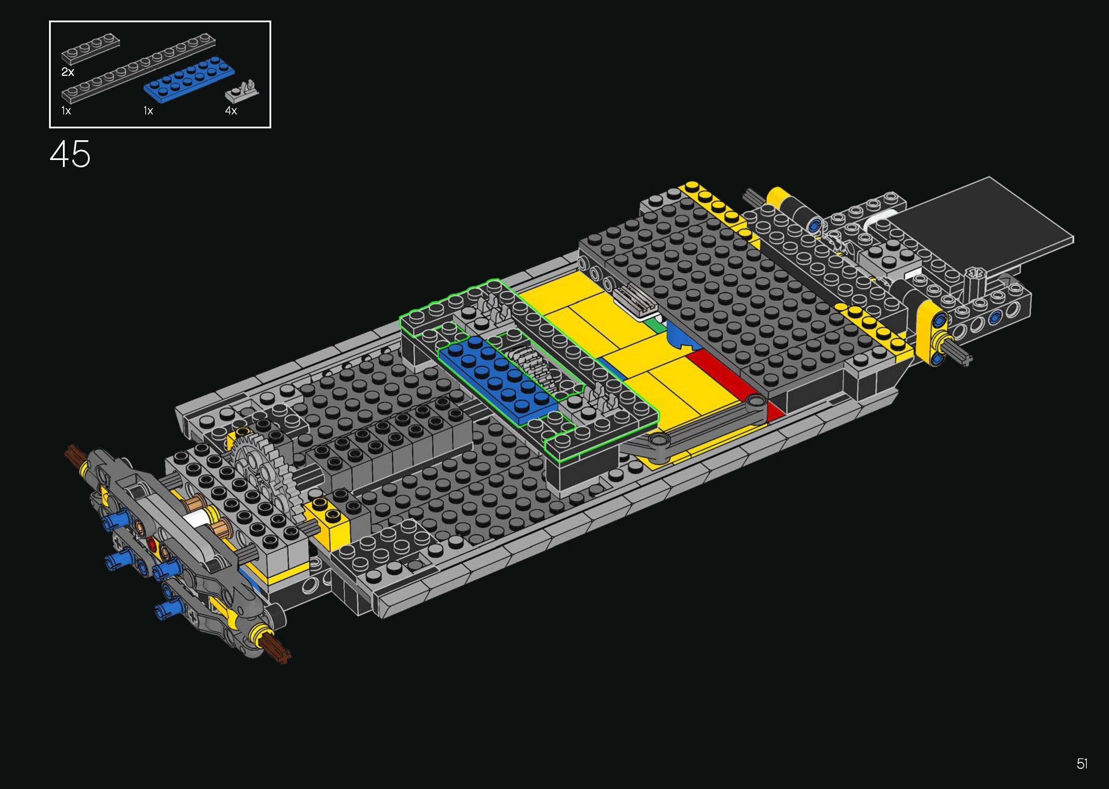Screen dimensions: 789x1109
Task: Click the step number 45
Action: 70,154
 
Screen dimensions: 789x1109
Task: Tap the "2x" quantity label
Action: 67,72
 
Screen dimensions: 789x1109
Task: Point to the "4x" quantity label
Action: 231,111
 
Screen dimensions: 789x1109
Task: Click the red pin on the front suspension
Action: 153,544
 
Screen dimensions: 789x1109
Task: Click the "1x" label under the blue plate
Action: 148,111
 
